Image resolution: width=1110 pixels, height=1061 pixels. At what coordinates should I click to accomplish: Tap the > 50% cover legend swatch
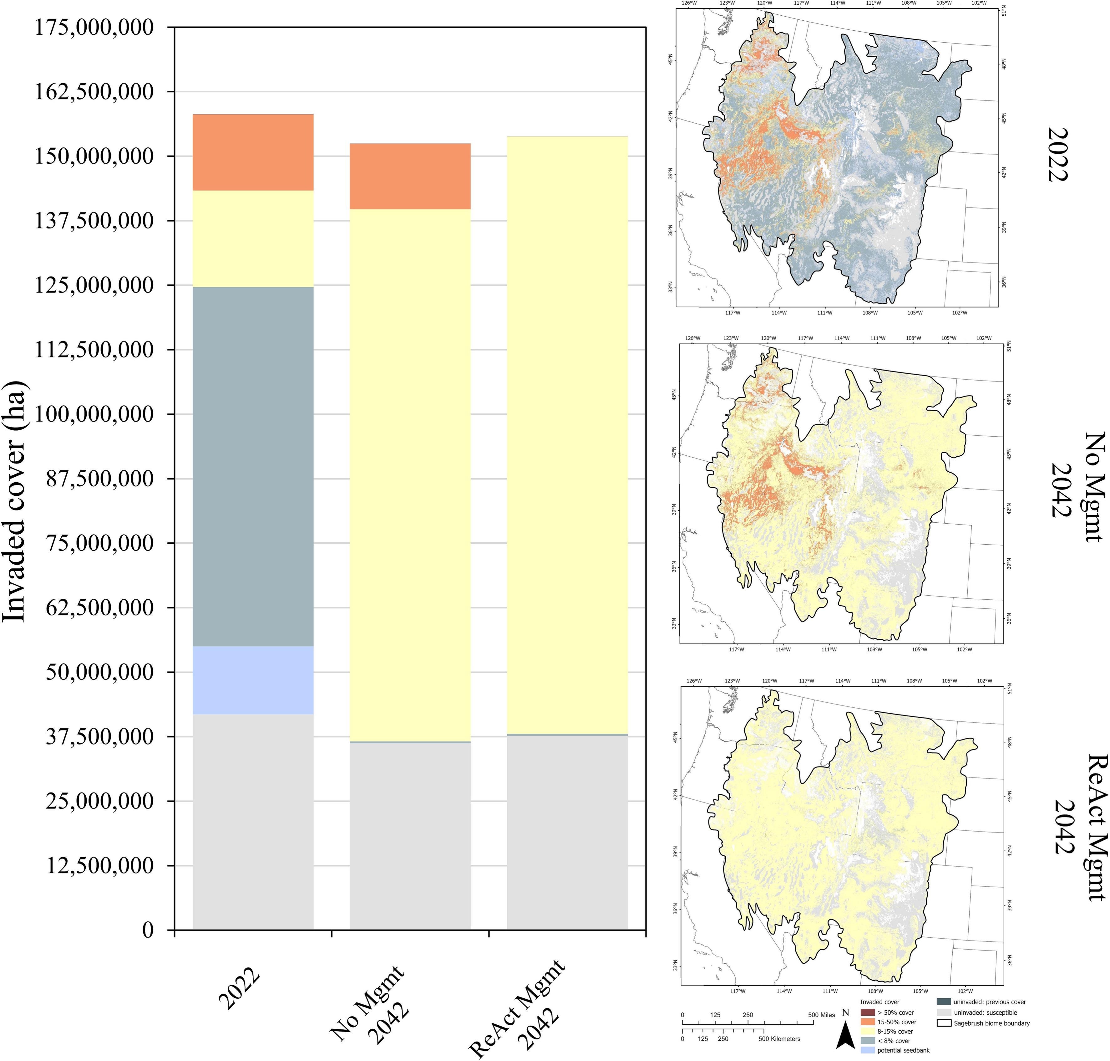(867, 1012)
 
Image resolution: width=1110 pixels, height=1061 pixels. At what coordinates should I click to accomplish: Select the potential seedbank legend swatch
(867, 1050)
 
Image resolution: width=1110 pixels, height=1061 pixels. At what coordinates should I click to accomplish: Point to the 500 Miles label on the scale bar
(821, 1015)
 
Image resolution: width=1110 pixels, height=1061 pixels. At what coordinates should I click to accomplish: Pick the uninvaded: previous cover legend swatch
(943, 1002)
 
